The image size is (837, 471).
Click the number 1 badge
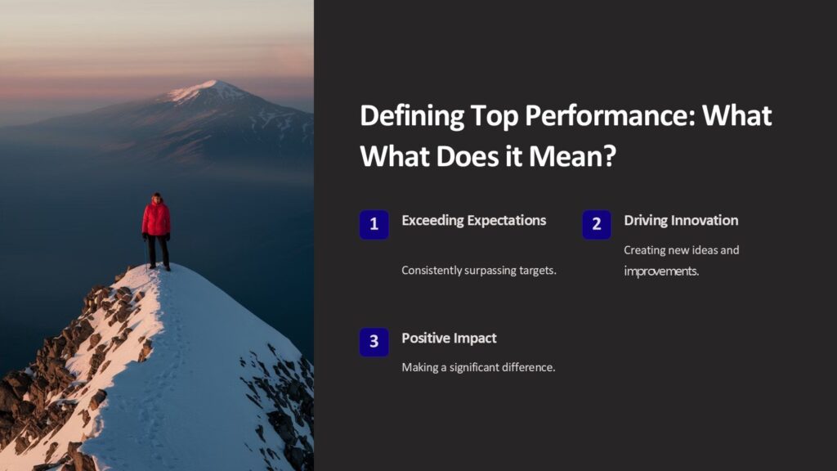coord(374,225)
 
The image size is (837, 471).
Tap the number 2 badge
coord(597,225)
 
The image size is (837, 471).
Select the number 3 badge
coord(374,342)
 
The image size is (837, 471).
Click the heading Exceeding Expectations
coord(473,220)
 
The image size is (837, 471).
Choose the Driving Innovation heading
coord(680,220)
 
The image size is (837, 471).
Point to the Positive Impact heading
coord(449,338)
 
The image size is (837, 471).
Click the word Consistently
coord(432,270)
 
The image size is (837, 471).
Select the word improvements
coord(661,271)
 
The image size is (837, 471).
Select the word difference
coord(527,367)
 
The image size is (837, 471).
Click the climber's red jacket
coord(156,219)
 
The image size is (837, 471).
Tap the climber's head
coord(156,198)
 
